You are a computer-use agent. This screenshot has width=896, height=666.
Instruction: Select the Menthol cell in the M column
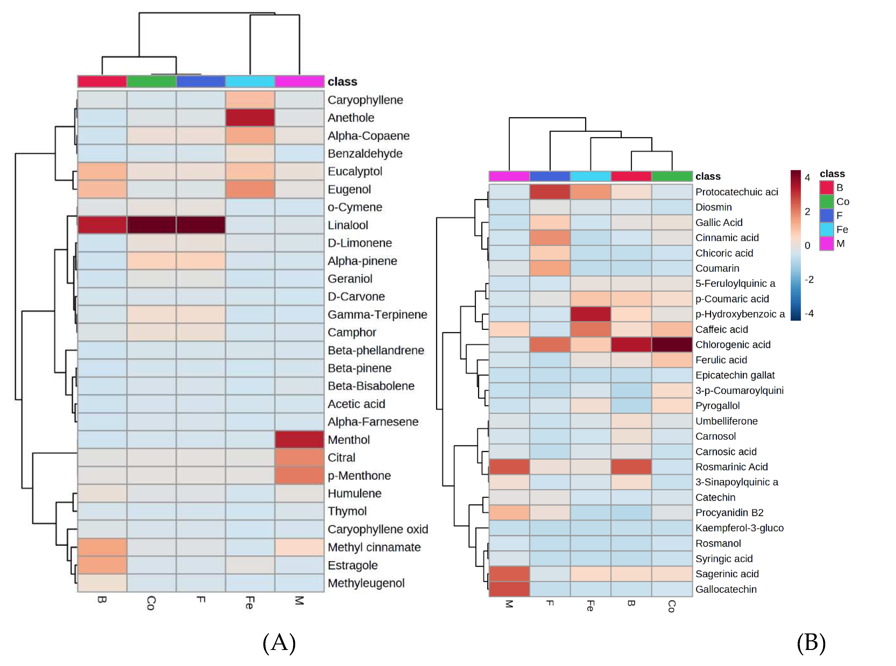[299, 440]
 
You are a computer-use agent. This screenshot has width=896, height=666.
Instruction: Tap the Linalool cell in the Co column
[151, 225]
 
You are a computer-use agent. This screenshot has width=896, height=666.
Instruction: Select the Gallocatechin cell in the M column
[509, 589]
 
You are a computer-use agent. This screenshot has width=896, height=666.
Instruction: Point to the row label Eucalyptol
[355, 171]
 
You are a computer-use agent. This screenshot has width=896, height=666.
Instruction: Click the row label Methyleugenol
[366, 583]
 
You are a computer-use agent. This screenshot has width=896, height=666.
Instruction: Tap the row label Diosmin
[713, 207]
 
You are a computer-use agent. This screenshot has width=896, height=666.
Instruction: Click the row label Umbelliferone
[726, 421]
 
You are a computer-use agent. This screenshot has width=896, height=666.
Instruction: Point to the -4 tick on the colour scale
[809, 313]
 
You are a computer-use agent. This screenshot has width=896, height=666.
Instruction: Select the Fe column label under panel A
[250, 603]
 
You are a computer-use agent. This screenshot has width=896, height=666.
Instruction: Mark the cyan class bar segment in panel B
[590, 176]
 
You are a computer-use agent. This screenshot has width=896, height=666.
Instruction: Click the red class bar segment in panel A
[102, 81]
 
